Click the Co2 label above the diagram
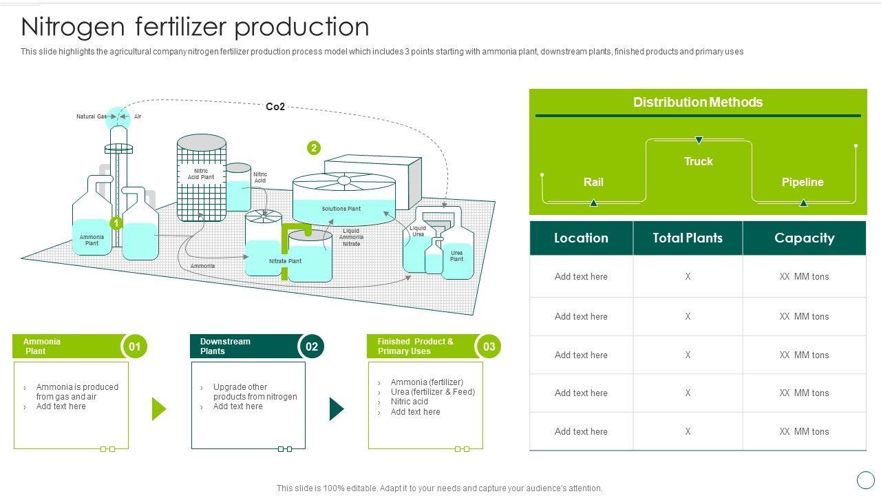(x=275, y=107)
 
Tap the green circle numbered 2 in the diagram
(x=314, y=147)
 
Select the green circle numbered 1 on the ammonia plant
(x=116, y=223)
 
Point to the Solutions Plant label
(x=341, y=209)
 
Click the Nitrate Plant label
(x=285, y=261)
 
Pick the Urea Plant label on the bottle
(x=456, y=256)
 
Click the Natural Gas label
(x=91, y=116)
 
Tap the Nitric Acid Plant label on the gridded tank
(x=201, y=174)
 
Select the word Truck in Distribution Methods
(x=698, y=161)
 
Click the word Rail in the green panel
(x=593, y=182)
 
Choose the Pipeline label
(x=803, y=182)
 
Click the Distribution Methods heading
(x=698, y=102)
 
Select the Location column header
(x=581, y=238)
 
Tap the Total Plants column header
(x=688, y=238)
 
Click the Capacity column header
(x=804, y=238)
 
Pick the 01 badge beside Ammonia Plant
(x=135, y=347)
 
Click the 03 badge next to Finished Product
(x=489, y=347)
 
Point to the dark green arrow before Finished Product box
(x=337, y=409)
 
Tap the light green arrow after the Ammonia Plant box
(x=159, y=409)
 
